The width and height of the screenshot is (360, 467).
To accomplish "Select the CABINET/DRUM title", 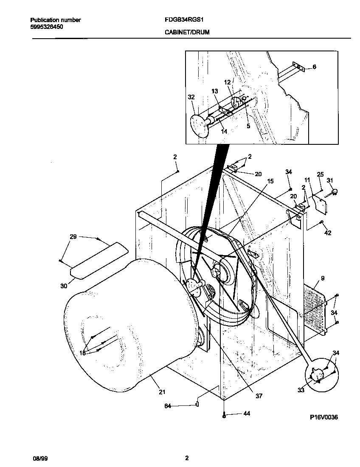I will (x=186, y=32).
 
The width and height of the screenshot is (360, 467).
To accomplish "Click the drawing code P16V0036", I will (x=323, y=417).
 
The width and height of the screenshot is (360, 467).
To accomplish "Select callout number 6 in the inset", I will (x=314, y=67).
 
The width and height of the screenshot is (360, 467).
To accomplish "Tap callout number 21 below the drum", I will (x=162, y=392).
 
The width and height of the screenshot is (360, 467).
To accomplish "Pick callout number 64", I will (x=168, y=406).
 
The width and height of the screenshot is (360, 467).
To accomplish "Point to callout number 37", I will (x=259, y=396).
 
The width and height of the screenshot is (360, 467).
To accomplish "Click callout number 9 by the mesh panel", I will (x=322, y=279).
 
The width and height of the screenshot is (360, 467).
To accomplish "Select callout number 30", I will (x=64, y=286).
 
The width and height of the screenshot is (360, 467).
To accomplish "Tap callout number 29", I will (x=73, y=236).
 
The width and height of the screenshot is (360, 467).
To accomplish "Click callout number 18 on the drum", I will (x=82, y=352).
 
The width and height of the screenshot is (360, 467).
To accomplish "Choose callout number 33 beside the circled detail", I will (x=301, y=390).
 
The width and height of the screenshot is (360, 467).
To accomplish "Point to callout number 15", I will (x=270, y=181).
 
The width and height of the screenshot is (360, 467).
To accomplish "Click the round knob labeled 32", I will (x=198, y=125).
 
